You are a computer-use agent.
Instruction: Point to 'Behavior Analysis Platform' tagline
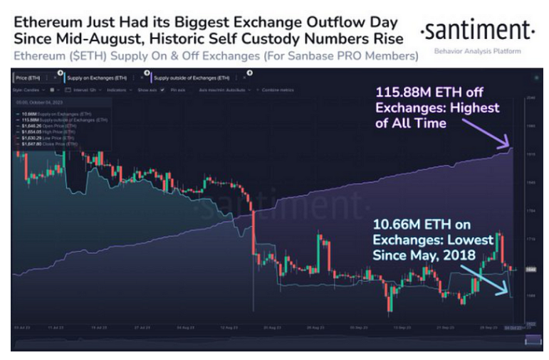pyautogui.click(x=478, y=51)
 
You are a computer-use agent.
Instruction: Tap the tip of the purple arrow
pyautogui.click(x=511, y=149)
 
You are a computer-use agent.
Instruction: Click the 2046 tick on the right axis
pyautogui.click(x=530, y=97)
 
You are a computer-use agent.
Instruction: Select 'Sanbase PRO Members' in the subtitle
pyautogui.click(x=372, y=55)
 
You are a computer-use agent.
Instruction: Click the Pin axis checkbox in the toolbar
pyautogui.click(x=162, y=90)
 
